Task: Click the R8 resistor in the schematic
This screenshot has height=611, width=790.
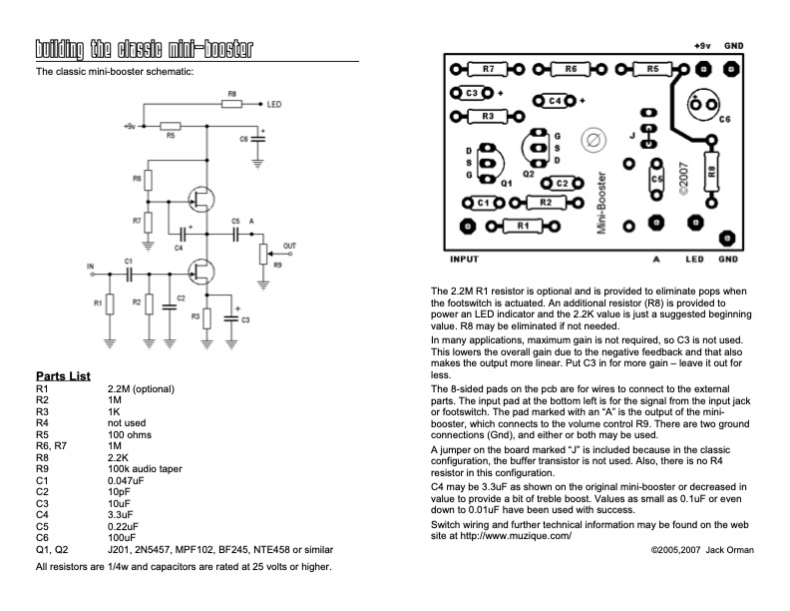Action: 231,104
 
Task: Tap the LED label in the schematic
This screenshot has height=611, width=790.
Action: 274,105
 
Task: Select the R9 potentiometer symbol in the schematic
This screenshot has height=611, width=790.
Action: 263,254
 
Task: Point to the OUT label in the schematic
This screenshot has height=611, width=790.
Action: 289,246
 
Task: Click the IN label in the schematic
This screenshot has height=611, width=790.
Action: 91,267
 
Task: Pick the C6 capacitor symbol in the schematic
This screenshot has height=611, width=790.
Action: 258,138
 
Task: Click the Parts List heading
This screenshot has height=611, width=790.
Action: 63,376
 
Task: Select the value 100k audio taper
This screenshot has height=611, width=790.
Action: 145,469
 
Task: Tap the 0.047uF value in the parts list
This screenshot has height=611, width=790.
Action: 126,480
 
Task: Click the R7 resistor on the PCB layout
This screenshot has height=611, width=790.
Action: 488,69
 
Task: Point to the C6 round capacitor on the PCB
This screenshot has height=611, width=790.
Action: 703,106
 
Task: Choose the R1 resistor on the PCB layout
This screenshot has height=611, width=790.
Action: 523,227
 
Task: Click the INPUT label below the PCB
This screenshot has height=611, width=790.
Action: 464,260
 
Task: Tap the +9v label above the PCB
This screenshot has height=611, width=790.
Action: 702,46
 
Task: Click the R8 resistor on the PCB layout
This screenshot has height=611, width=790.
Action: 711,172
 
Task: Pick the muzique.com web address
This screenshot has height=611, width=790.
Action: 516,536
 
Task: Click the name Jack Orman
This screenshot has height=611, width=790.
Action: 729,550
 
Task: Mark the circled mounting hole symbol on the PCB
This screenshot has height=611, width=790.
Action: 593,140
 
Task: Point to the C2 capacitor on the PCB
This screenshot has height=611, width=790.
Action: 563,184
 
